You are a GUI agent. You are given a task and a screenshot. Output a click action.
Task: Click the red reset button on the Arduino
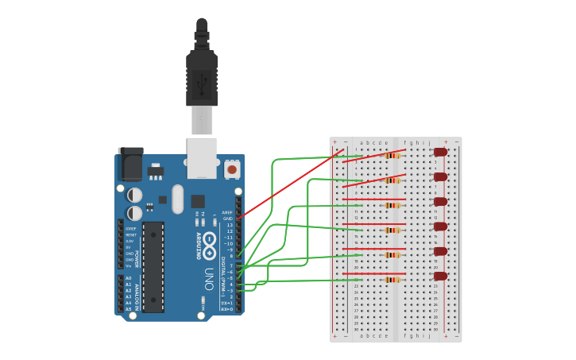(232, 168)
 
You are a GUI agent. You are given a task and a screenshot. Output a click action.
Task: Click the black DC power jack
(130, 165)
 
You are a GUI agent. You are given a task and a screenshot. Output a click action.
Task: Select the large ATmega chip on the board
(153, 266)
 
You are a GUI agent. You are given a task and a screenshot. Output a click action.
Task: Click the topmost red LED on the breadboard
(440, 152)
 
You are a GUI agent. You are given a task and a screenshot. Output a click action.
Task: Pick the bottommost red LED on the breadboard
(440, 277)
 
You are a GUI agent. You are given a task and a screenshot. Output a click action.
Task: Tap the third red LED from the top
(440, 202)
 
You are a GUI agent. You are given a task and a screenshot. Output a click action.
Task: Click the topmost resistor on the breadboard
(392, 156)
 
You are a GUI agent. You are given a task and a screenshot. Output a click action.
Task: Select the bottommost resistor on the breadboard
(392, 280)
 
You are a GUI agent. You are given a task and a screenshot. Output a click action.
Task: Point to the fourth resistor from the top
(392, 230)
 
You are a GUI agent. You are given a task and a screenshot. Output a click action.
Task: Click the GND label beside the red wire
(228, 219)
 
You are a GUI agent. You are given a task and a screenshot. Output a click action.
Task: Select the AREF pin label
(227, 213)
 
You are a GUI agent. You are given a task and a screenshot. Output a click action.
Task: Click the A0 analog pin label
(128, 278)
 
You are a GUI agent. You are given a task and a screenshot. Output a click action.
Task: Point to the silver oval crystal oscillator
(177, 199)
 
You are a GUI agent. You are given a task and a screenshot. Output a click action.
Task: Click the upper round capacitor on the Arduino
(135, 195)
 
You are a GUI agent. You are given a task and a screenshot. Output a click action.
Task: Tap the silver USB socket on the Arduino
(202, 157)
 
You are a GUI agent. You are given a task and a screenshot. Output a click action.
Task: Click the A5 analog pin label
(128, 309)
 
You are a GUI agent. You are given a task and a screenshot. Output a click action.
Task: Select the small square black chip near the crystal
(198, 201)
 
